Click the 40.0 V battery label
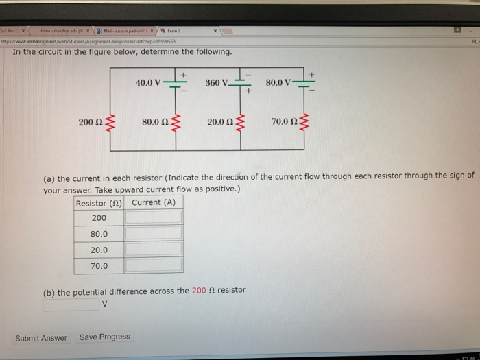pos(148,84)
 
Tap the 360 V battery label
pos(217,83)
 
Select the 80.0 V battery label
pos(278,84)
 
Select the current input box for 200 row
pos(154,217)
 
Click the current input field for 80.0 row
pos(154,233)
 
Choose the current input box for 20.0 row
pos(154,249)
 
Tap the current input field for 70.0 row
pos(154,265)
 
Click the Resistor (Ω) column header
pos(100,203)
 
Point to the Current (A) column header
pos(154,202)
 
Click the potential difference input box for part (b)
pos(71,304)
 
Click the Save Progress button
pos(104,337)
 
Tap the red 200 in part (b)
pos(198,291)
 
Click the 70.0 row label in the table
pos(99,265)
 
